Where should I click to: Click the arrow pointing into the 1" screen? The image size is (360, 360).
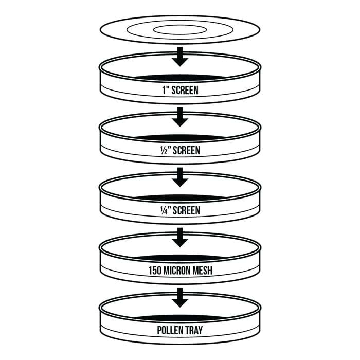point(180,57)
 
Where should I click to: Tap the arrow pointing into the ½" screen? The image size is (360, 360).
point(180,117)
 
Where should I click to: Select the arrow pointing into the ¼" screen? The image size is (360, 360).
point(180,177)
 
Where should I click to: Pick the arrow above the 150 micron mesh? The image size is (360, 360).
point(180,238)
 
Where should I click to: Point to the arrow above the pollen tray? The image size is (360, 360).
point(180,298)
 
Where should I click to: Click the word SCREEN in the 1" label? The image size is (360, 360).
point(185,90)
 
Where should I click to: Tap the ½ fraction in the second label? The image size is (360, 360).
point(164,151)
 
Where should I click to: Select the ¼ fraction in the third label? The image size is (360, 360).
point(164,211)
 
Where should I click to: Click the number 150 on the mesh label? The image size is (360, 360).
point(155,271)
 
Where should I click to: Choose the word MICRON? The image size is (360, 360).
point(176,271)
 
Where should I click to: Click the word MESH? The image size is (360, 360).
point(202,271)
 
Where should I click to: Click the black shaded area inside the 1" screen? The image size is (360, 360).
point(180,78)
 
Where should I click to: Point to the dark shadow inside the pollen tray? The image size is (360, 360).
point(180,318)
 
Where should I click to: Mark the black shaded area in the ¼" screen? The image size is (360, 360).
point(180,197)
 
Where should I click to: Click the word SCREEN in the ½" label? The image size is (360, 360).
point(186,151)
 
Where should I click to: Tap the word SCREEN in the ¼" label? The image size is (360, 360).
point(186,211)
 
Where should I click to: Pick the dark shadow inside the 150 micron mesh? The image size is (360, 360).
point(180,258)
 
